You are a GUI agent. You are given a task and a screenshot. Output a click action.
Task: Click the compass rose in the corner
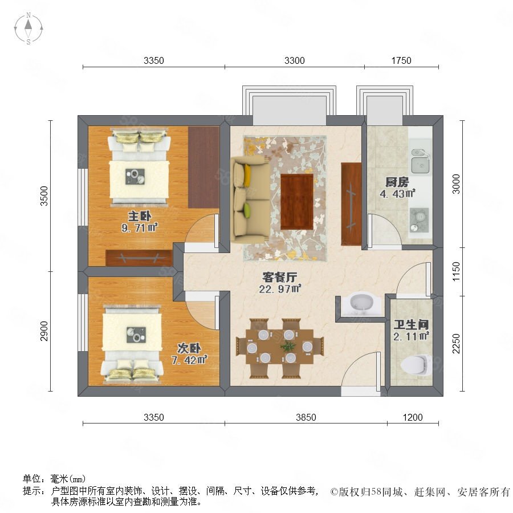tap(28, 28)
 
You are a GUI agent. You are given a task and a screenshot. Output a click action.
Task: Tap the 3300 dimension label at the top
tap(295, 60)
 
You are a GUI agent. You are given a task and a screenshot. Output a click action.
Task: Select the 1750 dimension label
tap(401, 60)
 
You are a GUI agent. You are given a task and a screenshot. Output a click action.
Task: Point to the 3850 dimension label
tap(306, 417)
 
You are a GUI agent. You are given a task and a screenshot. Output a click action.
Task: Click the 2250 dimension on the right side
tap(456, 344)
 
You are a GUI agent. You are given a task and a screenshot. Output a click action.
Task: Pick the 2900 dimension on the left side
tap(44, 331)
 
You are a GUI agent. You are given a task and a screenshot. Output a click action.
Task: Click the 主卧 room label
tap(140, 216)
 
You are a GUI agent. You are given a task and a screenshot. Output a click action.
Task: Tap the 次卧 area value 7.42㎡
tap(189, 360)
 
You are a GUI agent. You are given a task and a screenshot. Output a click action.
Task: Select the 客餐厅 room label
tap(280, 277)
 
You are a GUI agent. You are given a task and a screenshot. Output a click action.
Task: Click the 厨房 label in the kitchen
tap(397, 182)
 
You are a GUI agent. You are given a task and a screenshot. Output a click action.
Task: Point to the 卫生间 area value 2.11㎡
tap(411, 336)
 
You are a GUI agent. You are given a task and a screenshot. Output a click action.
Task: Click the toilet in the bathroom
tap(415, 365)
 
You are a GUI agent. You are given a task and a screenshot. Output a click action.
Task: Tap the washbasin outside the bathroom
tap(362, 303)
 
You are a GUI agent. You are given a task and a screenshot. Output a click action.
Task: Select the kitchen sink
tap(421, 161)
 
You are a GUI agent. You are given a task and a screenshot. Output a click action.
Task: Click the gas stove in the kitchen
tap(419, 219)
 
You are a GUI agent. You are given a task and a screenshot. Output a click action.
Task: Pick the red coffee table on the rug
tap(297, 202)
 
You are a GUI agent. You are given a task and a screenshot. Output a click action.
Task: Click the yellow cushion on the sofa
tap(247, 174)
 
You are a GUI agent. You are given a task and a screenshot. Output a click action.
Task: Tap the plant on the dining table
tap(288, 347)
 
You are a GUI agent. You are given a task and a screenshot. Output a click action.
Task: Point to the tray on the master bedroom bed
tap(135, 177)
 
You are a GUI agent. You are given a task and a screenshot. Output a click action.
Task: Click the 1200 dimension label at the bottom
tap(413, 417)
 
